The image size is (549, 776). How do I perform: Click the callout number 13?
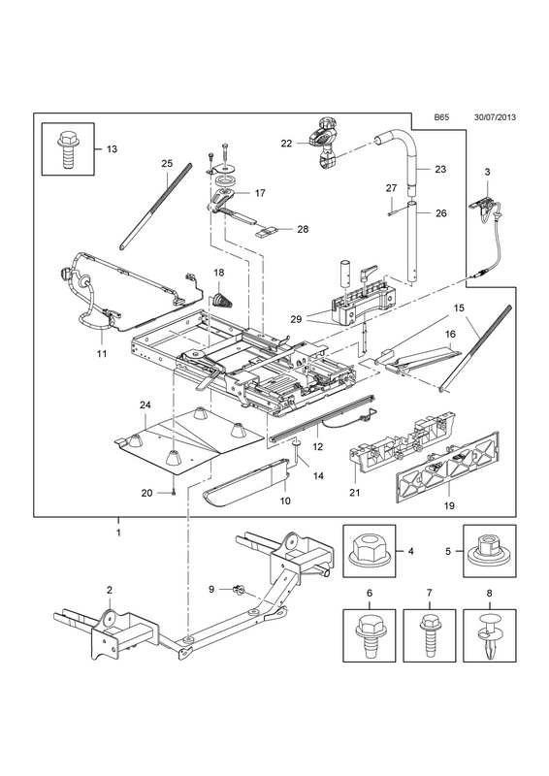pyautogui.click(x=112, y=149)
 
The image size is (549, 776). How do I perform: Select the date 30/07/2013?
pyautogui.click(x=495, y=117)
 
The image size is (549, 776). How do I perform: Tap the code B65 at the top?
pyautogui.click(x=441, y=117)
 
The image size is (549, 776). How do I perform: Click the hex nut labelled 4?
pyautogui.click(x=370, y=551)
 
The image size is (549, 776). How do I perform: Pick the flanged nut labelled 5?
pyautogui.click(x=489, y=550)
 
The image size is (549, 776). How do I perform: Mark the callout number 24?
pyautogui.click(x=145, y=404)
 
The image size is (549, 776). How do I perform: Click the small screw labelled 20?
pyautogui.click(x=174, y=492)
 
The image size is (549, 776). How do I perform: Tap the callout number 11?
pyautogui.click(x=102, y=354)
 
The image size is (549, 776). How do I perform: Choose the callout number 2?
pyautogui.click(x=110, y=590)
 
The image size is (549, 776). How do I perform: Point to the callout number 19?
pyautogui.click(x=449, y=505)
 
